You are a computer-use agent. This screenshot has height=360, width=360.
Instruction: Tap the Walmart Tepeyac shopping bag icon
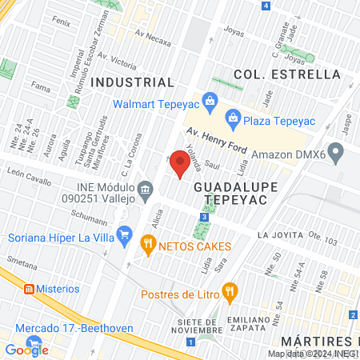coord(210,101)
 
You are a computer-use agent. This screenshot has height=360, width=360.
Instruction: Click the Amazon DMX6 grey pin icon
coord(336,151)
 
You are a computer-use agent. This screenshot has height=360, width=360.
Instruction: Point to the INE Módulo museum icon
coord(145,190)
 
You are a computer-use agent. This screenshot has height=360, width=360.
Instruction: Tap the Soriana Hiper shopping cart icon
coord(123,235)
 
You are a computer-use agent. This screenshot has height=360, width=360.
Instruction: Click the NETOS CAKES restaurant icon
coord(147,243)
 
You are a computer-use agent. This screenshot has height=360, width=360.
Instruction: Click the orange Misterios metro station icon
coord(27,288)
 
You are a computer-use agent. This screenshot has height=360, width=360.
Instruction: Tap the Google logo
coord(26,349)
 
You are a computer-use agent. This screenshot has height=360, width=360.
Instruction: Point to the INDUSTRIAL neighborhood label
coord(133,82)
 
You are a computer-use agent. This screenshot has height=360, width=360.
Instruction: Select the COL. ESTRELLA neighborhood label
coord(287,74)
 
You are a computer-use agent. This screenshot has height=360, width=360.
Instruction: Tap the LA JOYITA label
coord(279,236)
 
